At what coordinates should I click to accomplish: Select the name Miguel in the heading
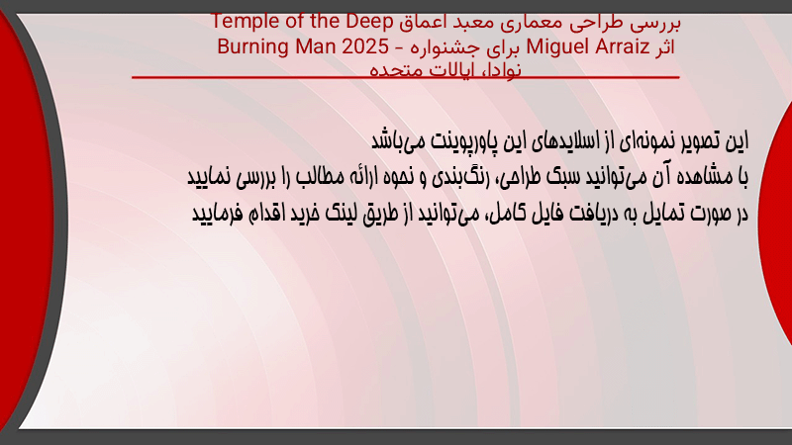(557, 46)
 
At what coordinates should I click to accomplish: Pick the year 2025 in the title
(365, 46)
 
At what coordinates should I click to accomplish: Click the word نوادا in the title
(498, 69)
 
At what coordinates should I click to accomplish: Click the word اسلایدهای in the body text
(572, 140)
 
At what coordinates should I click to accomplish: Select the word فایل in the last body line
(548, 214)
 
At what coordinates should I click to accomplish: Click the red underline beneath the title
(406, 77)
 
